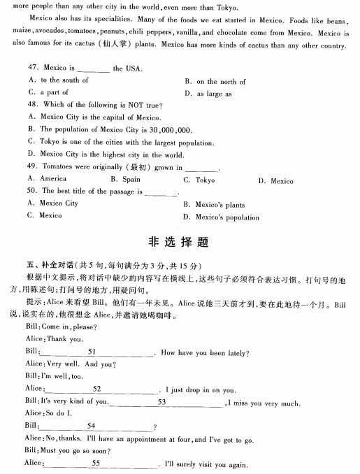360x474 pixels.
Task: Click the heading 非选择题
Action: coord(180,242)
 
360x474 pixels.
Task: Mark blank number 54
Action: coord(91,426)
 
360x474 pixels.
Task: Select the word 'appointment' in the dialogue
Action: coord(143,439)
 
